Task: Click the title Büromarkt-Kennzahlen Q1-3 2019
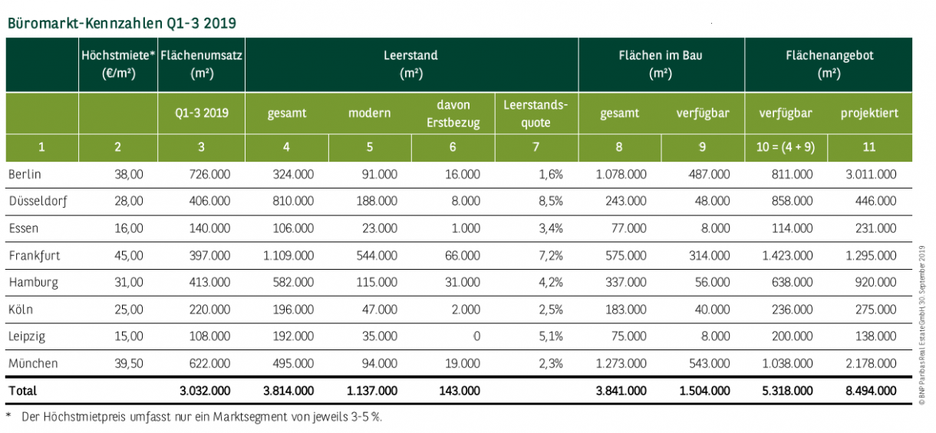121,23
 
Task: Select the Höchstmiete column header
119,64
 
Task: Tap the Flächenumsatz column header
202,64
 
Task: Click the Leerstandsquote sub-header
536,113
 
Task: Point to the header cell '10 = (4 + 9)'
786,147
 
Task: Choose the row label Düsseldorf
38,202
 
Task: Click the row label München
33,363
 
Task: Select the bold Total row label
23,391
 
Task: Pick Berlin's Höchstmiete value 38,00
129,174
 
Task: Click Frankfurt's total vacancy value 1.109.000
288,255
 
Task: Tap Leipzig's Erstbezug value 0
476,336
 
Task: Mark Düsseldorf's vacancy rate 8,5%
551,202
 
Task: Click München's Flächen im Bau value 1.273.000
621,363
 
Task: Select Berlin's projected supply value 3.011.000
872,174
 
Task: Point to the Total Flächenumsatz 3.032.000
205,391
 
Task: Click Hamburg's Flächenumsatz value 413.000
209,282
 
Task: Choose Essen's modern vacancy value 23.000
380,228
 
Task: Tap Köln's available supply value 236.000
793,310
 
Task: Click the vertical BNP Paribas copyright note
922,325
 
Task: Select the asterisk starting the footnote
8,415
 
